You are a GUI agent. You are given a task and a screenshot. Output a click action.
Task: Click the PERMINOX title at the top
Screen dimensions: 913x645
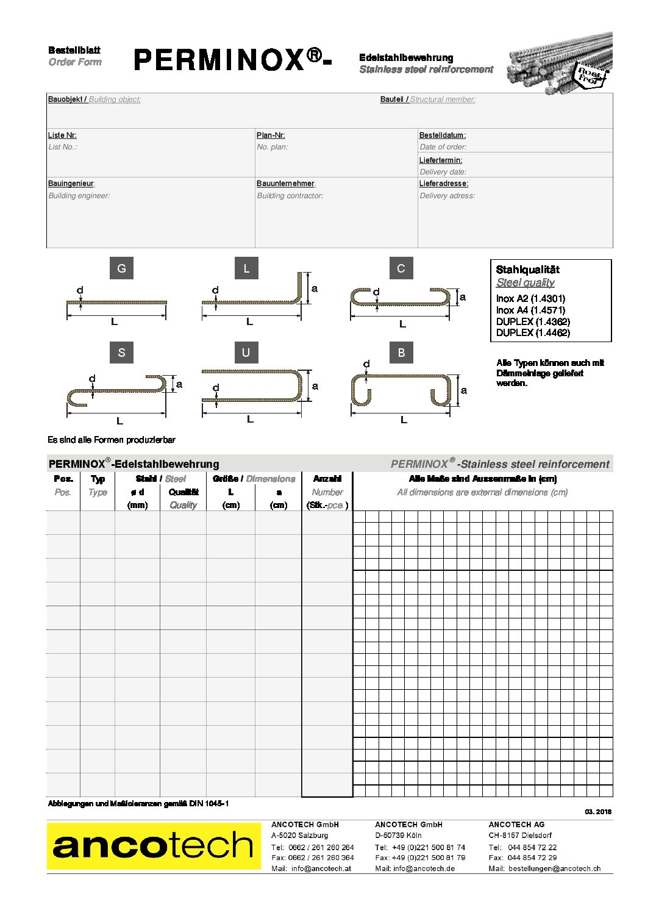tap(232, 60)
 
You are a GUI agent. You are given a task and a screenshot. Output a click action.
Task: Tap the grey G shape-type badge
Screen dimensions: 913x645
tap(121, 268)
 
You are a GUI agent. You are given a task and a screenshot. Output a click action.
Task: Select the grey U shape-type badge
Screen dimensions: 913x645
tap(246, 353)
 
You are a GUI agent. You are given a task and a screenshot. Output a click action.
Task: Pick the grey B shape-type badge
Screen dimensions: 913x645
tap(401, 353)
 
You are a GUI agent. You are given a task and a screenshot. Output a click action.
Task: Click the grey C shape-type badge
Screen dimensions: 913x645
tap(401, 268)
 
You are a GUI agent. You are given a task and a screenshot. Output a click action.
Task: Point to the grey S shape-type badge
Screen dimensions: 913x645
tap(121, 353)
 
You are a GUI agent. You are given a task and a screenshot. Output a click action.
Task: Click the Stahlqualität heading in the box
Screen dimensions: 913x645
tap(527, 270)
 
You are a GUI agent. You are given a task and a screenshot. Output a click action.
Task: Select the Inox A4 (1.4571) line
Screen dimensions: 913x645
tap(530, 310)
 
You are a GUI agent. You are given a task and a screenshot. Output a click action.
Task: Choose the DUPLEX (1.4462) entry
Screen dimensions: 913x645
tap(533, 332)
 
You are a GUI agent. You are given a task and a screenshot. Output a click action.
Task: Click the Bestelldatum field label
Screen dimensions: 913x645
tap(442, 135)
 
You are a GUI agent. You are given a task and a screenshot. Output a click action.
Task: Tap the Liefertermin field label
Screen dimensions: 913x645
tap(440, 160)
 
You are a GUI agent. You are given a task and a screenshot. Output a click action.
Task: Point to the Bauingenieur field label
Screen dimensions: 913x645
tap(71, 184)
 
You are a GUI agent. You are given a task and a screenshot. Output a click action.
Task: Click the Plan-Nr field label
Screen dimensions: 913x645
tap(271, 135)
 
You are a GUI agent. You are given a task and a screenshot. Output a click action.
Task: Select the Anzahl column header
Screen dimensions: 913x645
tap(327, 479)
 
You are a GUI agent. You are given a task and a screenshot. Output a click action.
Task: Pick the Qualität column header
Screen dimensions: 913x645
tap(184, 492)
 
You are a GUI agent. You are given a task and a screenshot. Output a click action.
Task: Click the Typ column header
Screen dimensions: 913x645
tap(98, 479)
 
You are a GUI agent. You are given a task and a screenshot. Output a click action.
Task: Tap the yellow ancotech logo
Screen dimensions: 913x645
tap(154, 846)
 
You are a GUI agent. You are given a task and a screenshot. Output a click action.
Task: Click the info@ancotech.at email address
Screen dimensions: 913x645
tap(321, 868)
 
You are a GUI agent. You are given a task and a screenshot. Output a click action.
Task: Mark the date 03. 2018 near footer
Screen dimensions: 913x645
tap(598, 812)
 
